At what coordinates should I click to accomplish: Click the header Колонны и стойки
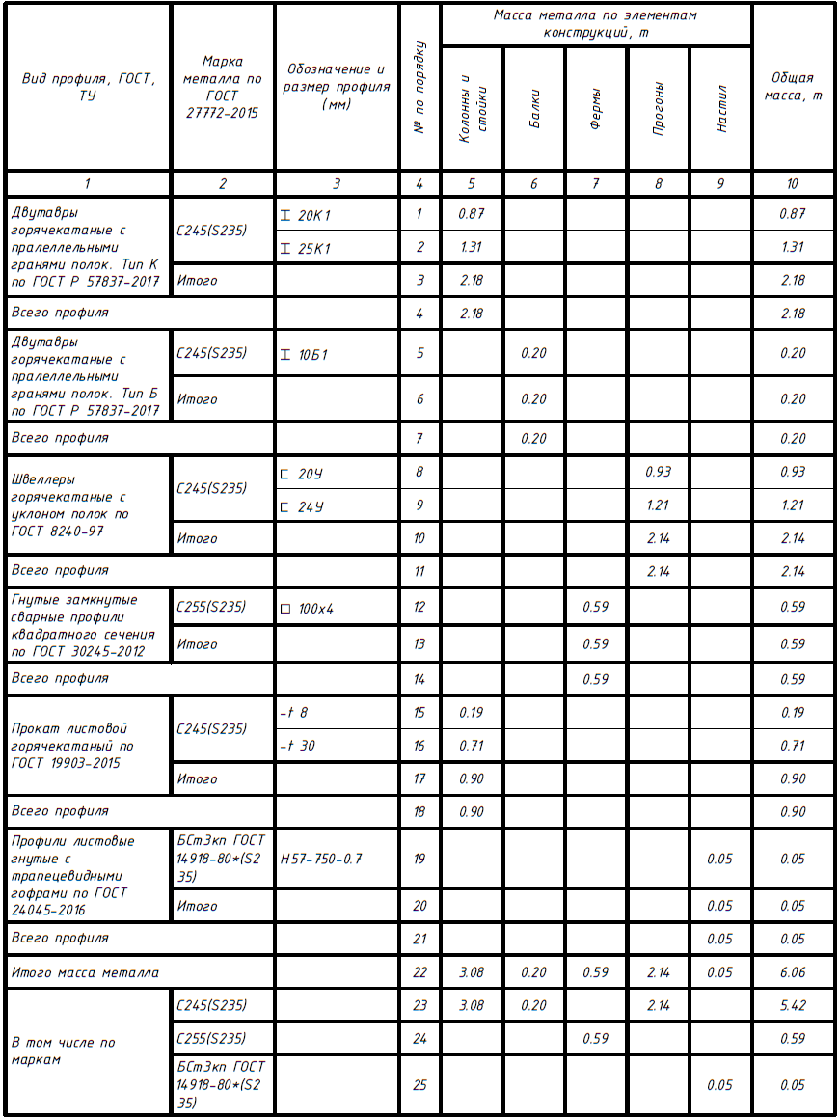tap(472, 108)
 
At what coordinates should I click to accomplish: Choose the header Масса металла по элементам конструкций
tap(595, 24)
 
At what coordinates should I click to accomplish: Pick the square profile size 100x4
tap(314, 609)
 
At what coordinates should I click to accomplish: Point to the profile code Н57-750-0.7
tap(322, 859)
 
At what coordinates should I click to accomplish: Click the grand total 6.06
tap(792, 973)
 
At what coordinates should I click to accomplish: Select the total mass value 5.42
tap(792, 1006)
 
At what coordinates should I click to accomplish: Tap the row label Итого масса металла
tap(85, 973)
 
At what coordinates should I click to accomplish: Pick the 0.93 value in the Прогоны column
tap(658, 473)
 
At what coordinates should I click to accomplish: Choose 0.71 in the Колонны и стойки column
tap(472, 746)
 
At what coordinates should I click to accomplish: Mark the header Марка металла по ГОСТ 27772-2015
tap(222, 87)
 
